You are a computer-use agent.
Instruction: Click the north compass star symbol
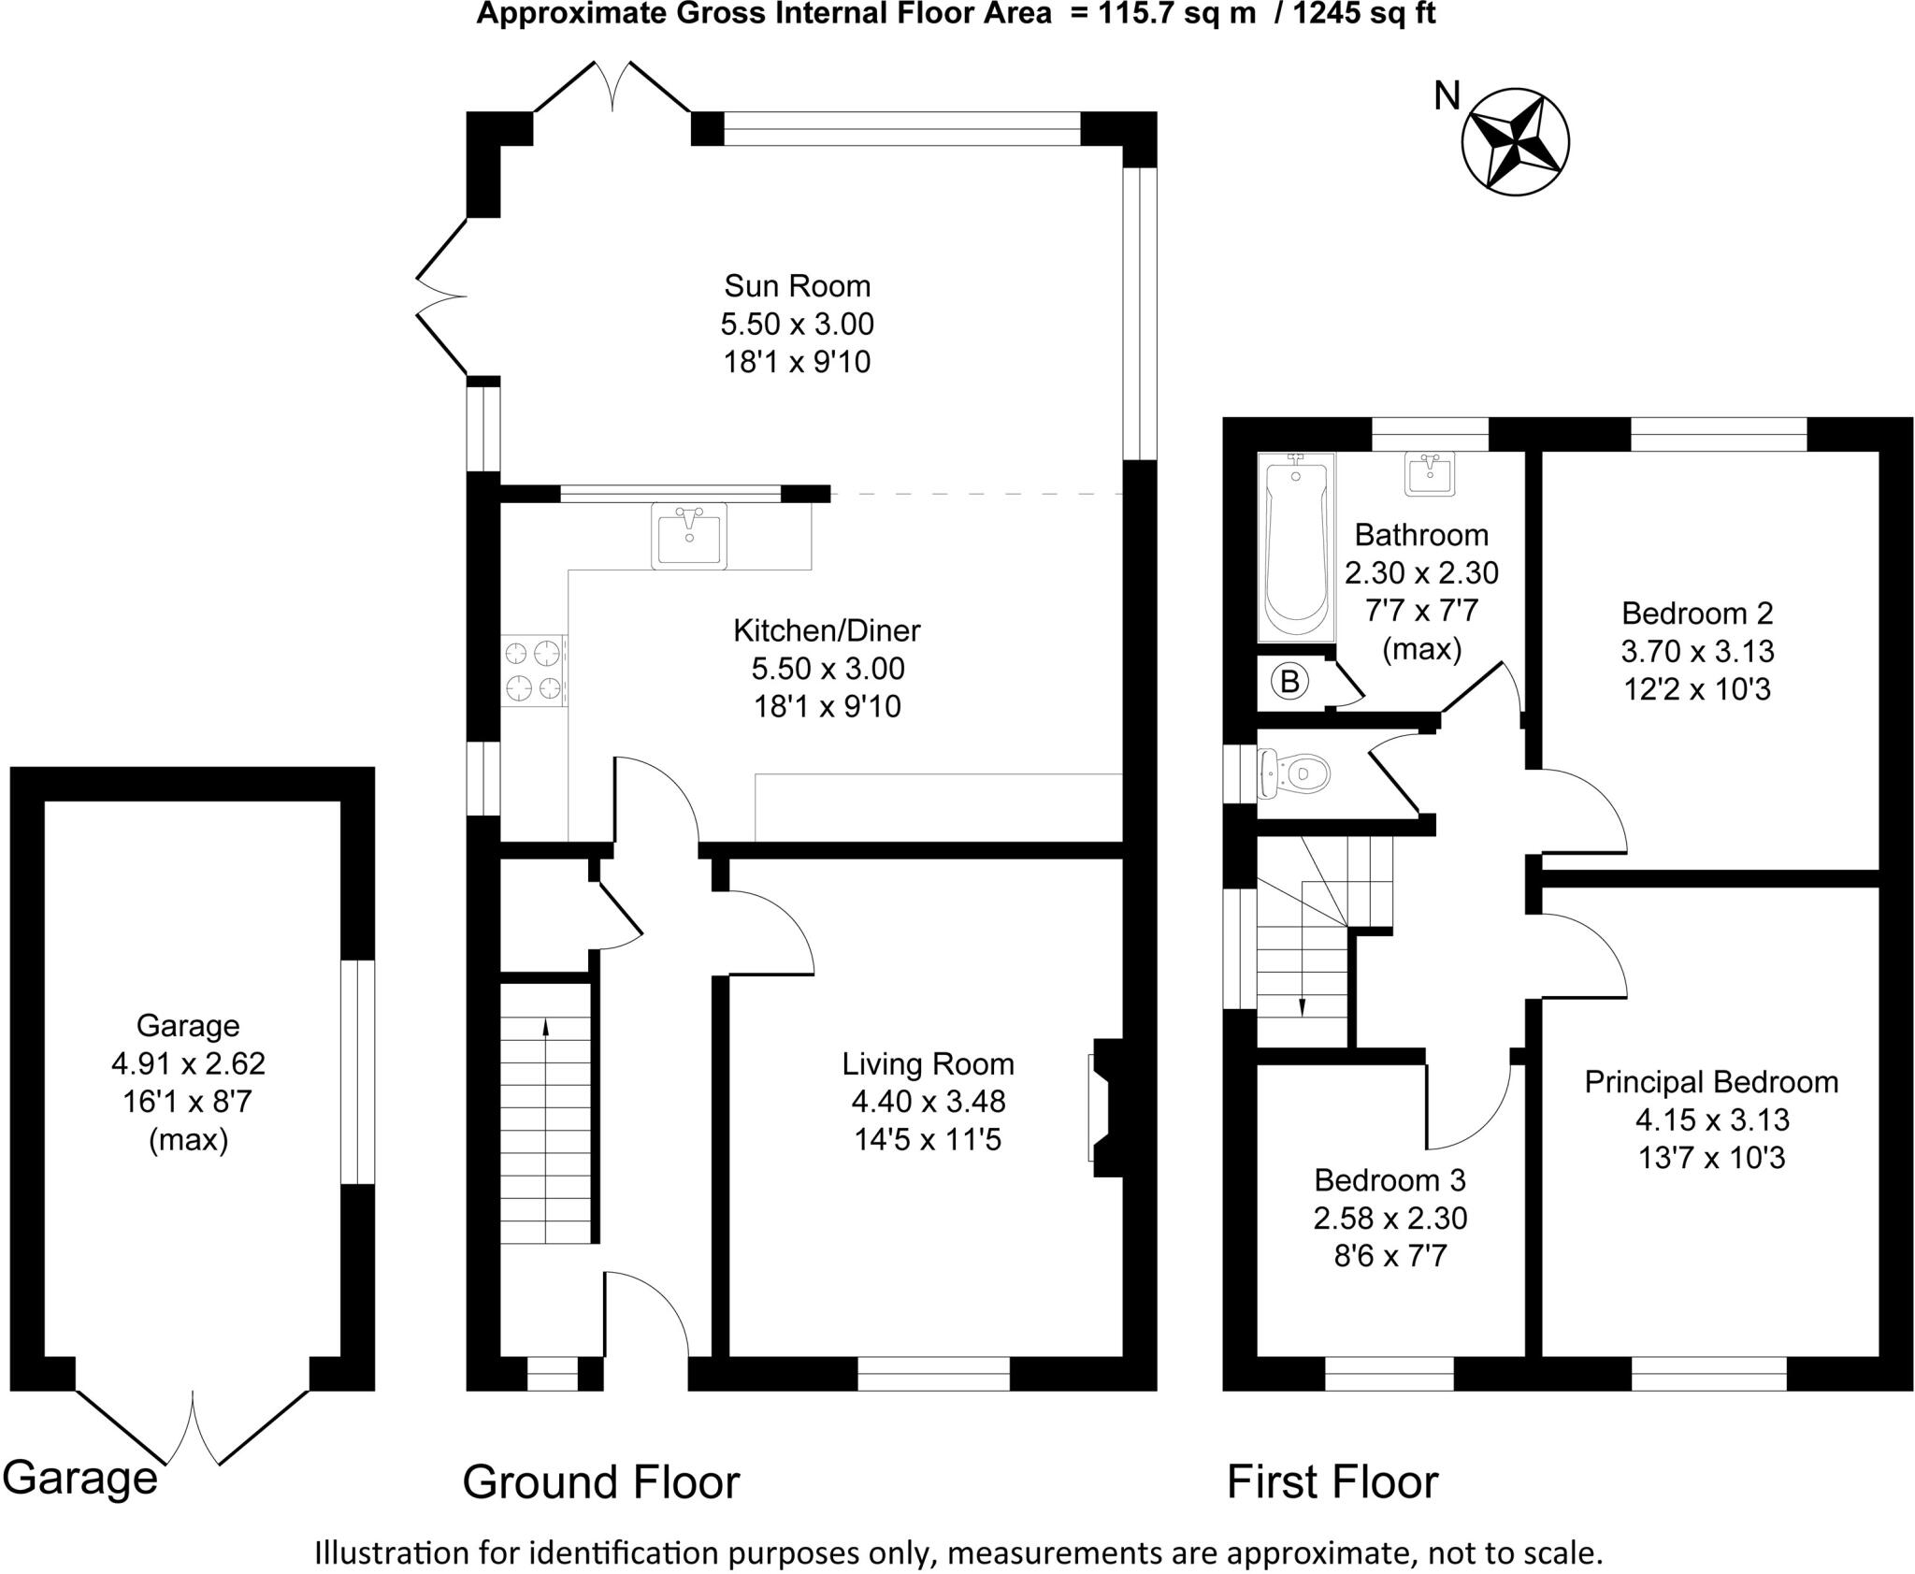(x=1515, y=142)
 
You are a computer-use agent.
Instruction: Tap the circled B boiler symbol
(x=1289, y=683)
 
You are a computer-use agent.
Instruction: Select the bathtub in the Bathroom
(x=1295, y=547)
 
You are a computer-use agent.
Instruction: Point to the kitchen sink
(x=689, y=534)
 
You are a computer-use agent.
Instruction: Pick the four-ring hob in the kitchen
(x=534, y=670)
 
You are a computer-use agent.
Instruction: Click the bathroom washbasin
(x=1429, y=473)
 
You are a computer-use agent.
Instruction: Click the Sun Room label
(x=797, y=285)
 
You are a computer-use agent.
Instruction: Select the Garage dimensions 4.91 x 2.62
(x=188, y=1064)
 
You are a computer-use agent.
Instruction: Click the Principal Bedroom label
(x=1711, y=1082)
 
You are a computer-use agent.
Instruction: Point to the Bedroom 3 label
(x=1389, y=1180)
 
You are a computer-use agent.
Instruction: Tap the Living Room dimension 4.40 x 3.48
(x=928, y=1102)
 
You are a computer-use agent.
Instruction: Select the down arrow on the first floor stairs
(x=1302, y=1005)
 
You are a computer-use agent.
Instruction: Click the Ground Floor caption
(x=600, y=1482)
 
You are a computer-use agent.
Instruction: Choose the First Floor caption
(x=1332, y=1482)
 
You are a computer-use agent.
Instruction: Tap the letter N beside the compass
(x=1447, y=95)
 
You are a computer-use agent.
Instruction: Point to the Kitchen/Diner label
(x=827, y=630)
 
